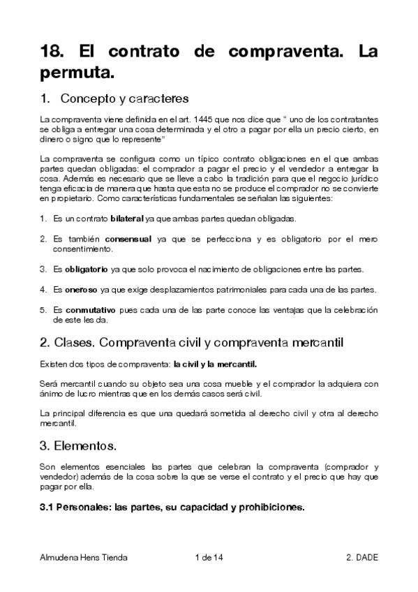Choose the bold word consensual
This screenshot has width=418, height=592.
click(128, 239)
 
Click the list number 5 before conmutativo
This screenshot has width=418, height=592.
click(42, 309)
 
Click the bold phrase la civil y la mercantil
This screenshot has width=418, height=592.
click(215, 364)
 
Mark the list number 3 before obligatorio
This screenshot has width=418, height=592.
click(42, 269)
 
